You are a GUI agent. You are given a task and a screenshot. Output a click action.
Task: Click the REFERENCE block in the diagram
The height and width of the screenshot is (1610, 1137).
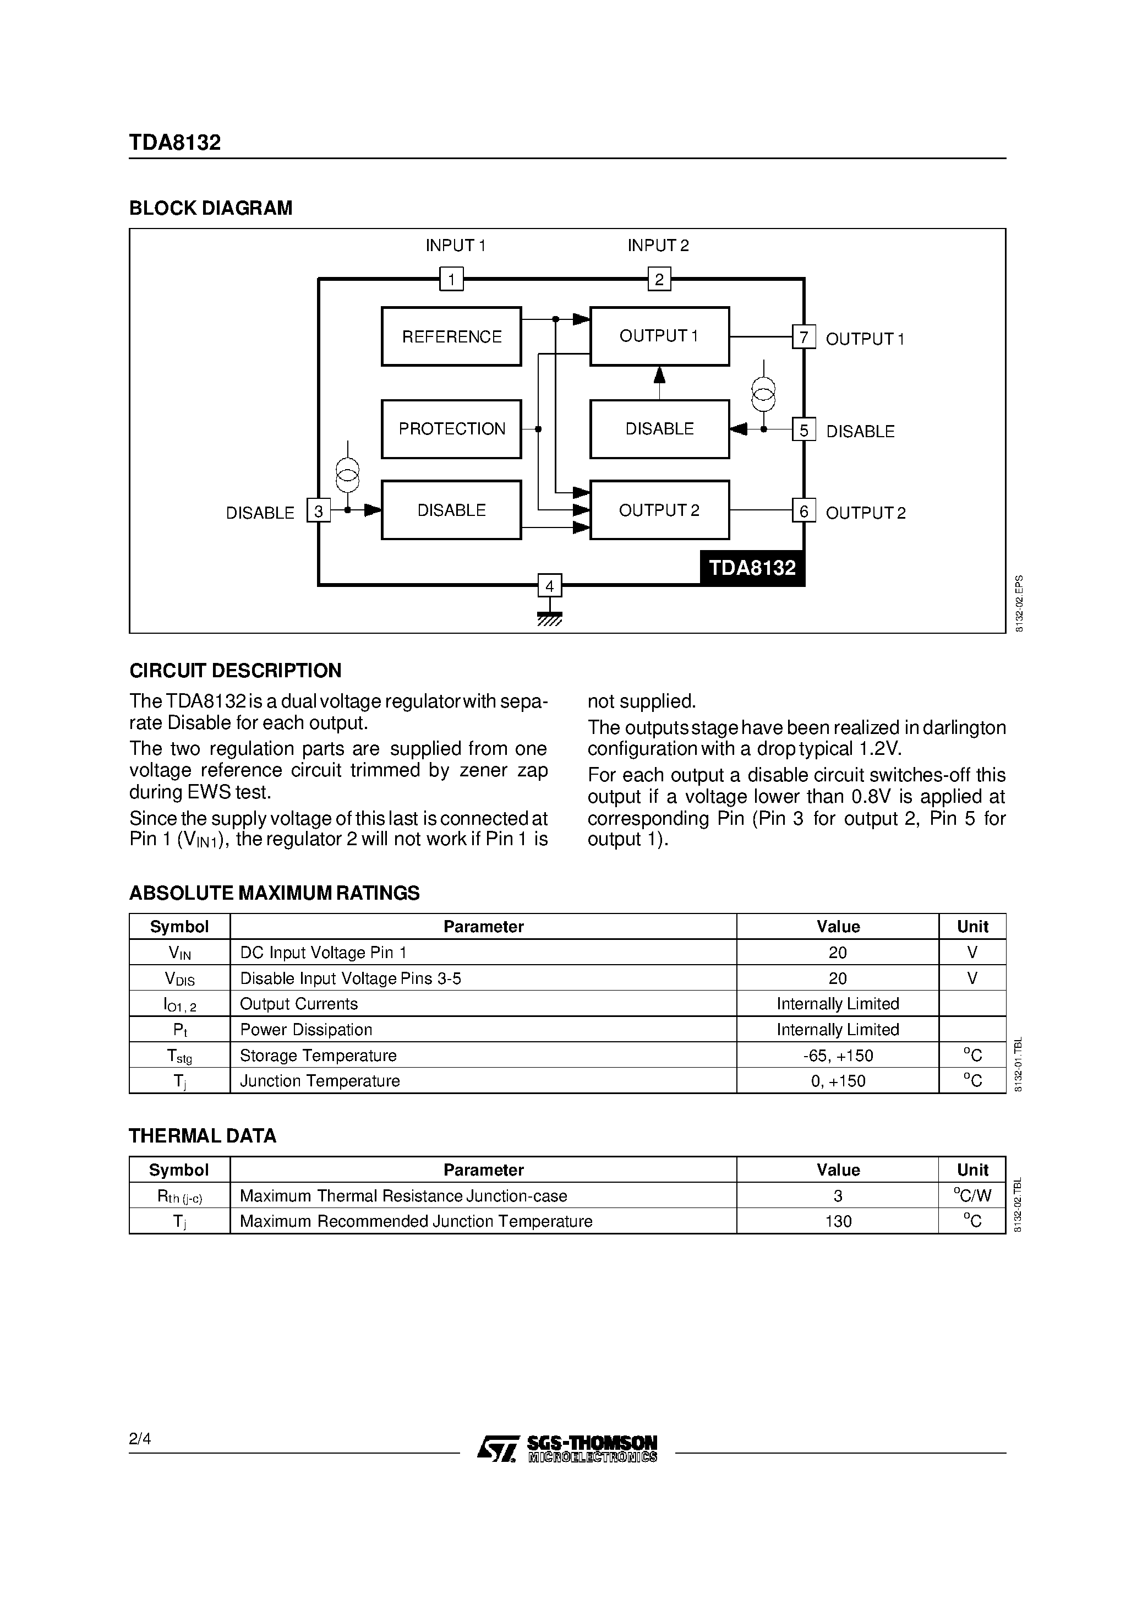pos(451,336)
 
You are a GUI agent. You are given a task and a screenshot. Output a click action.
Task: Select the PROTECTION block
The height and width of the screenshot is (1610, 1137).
pos(451,428)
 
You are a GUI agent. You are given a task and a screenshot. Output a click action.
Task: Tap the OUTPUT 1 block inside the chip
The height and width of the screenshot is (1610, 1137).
pos(659,336)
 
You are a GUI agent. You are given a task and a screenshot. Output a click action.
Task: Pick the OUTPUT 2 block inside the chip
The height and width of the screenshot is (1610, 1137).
pos(659,510)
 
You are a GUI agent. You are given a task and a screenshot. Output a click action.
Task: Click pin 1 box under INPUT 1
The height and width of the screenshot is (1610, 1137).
pos(451,279)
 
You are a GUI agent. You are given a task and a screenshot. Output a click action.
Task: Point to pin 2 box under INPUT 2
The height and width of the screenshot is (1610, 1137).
pos(659,279)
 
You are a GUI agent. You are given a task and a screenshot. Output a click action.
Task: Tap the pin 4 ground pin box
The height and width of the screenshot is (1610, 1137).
pos(550,585)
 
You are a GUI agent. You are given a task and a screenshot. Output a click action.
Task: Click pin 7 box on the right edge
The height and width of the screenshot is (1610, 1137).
pos(803,338)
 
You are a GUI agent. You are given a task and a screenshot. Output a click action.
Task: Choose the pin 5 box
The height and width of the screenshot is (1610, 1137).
pos(803,429)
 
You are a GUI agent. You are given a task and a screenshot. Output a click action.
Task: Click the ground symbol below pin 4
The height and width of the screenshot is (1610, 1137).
pos(550,618)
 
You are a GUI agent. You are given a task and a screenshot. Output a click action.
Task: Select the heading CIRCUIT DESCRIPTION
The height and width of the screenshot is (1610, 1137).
pos(235,670)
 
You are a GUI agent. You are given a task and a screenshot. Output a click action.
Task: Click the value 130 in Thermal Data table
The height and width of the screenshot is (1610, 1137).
pos(838,1221)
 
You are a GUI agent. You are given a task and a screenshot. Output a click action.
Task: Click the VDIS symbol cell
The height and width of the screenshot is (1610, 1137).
pos(179,978)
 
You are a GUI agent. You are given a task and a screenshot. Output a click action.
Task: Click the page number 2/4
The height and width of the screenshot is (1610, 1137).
pos(139,1439)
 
